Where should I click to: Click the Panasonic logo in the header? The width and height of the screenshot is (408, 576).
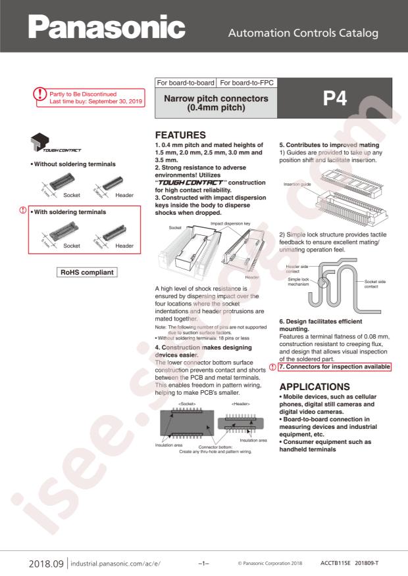(x=107, y=27)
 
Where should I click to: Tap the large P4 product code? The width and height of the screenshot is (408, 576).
(x=335, y=99)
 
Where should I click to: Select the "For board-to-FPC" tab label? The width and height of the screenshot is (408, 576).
(x=247, y=83)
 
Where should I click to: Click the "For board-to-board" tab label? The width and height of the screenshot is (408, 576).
(x=186, y=83)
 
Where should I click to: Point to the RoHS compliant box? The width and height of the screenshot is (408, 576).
(x=87, y=272)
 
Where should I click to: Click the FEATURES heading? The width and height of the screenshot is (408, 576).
(x=180, y=135)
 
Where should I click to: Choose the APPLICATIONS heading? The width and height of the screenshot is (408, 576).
(x=315, y=387)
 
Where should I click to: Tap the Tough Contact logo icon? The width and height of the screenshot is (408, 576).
(x=55, y=143)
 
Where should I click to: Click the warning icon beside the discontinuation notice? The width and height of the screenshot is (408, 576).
(x=39, y=94)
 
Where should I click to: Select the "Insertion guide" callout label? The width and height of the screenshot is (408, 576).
(x=297, y=184)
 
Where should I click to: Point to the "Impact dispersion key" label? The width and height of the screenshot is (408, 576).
(x=230, y=223)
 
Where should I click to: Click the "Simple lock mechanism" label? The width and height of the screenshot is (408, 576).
(x=298, y=282)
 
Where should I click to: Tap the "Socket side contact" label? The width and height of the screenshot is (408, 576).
(x=375, y=284)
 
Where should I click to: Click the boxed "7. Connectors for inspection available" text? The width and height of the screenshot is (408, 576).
(x=334, y=366)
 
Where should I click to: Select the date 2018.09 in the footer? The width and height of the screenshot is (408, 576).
(x=46, y=564)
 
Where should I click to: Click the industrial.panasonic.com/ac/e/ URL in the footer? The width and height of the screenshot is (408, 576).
(x=116, y=564)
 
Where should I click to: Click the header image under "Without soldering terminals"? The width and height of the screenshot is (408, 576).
(x=113, y=183)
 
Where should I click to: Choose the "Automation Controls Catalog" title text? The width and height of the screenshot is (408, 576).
(x=303, y=33)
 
